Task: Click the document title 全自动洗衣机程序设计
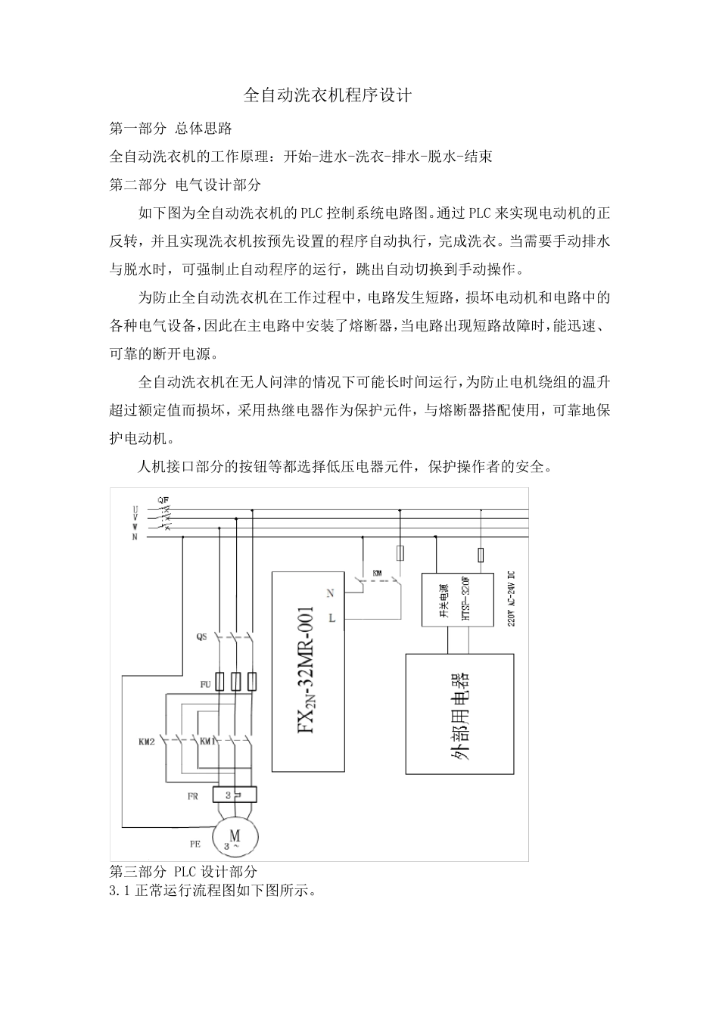click(327, 95)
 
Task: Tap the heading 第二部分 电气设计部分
click(185, 185)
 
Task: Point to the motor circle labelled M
click(235, 836)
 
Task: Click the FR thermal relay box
click(235, 795)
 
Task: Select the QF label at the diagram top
click(163, 499)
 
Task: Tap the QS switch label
click(201, 637)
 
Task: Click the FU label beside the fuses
click(205, 684)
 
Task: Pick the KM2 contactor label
click(147, 742)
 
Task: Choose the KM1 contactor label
click(207, 742)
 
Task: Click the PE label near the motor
click(195, 842)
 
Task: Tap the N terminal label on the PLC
click(330, 594)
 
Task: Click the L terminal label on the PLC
click(331, 618)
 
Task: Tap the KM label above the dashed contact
click(376, 573)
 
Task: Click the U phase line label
click(135, 509)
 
